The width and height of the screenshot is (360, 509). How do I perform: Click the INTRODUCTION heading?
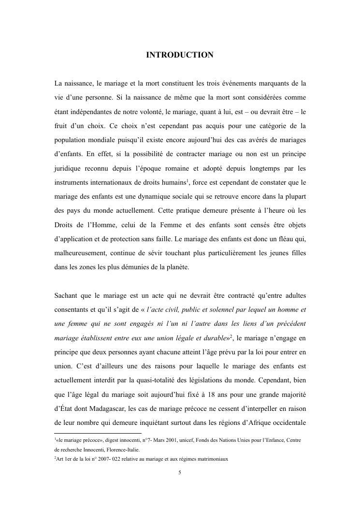(x=180, y=56)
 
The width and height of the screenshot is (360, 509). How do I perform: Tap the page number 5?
(x=180, y=473)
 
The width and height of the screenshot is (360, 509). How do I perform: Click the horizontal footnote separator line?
(x=97, y=433)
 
